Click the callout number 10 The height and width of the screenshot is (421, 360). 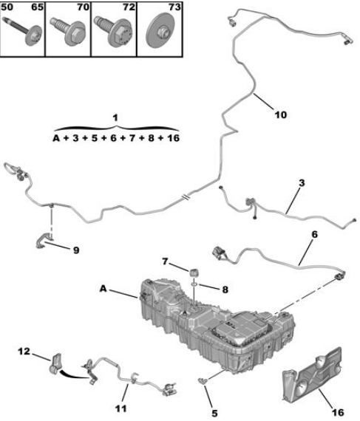click(x=280, y=115)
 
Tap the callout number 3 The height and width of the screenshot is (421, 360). click(x=302, y=183)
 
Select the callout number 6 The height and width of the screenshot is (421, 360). click(x=314, y=234)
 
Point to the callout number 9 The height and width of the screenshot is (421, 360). click(x=76, y=250)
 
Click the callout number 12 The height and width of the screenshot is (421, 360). click(x=24, y=351)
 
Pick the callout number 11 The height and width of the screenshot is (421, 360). click(x=121, y=408)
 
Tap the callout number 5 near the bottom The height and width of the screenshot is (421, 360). click(x=214, y=414)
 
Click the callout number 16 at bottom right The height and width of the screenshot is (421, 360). click(x=338, y=412)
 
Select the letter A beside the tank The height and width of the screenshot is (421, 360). click(x=103, y=289)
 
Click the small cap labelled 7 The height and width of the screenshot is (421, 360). click(x=194, y=273)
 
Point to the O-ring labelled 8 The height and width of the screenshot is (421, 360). click(x=194, y=284)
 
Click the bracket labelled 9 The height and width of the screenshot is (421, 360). click(x=43, y=240)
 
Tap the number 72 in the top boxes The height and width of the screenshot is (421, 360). click(x=129, y=7)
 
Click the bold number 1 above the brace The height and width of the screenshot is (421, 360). click(x=115, y=117)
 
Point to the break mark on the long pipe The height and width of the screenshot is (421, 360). click(x=186, y=196)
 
